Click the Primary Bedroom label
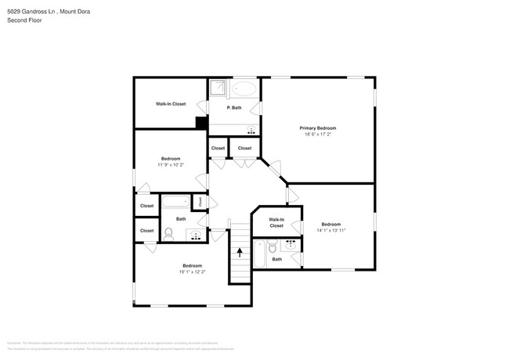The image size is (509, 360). coord(318,128)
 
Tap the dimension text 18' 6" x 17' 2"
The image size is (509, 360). coord(318,135)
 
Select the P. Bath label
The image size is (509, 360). coord(234,108)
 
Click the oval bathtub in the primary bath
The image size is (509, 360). coord(244,88)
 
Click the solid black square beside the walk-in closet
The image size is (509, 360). coord(201,122)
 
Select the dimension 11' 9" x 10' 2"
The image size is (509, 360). coord(170,165)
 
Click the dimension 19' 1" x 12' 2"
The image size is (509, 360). coord(193,272)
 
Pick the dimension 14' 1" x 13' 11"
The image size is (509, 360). coord(330,231)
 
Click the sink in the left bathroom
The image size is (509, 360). coord(196,233)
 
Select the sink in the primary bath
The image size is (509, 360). coord(251,130)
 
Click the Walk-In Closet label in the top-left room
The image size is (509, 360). coord(171,103)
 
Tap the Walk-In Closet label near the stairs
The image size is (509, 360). coord(276,222)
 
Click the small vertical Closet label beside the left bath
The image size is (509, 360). coord(200,202)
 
